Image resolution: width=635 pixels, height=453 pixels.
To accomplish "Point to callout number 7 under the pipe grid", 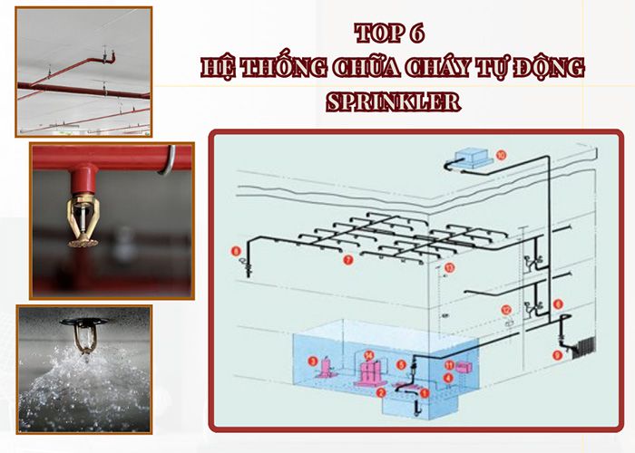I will coord(347,260).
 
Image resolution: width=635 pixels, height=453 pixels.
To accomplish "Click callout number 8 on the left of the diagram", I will coord(236,250).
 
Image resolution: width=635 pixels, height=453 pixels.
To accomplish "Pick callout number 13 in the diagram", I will coord(449,269).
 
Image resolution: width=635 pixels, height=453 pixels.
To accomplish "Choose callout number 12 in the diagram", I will coord(507,310).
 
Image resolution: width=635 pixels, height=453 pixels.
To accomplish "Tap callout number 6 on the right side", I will coord(558,304).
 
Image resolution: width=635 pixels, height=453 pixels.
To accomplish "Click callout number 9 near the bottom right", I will coord(557,355).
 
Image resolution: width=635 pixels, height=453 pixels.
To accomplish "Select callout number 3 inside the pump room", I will coord(312,361).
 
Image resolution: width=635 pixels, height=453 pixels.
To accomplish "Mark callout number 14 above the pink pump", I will coord(369,354).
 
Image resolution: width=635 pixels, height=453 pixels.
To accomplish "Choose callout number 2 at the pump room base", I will coord(382,392).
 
